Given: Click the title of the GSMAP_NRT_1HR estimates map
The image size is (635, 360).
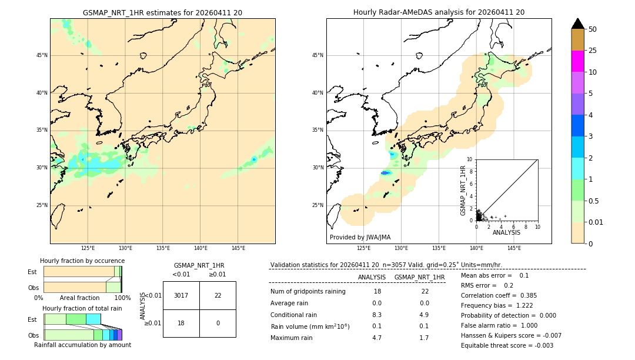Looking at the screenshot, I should [x=162, y=12].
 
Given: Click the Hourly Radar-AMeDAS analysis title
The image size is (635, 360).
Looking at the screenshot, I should [x=439, y=12].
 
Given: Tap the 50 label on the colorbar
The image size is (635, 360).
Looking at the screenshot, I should [x=593, y=29].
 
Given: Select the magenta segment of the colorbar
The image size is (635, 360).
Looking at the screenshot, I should [x=577, y=61].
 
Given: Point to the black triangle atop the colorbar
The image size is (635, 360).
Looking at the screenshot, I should [x=577, y=24].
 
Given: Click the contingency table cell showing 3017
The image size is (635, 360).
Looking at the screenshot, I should [x=181, y=295].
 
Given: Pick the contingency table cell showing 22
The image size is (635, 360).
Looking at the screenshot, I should [x=218, y=295].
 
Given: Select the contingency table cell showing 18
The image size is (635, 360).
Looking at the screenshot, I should [x=181, y=324].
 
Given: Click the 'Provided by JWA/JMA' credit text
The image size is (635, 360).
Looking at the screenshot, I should [x=360, y=238].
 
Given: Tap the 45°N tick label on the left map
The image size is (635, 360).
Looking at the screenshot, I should [x=42, y=55].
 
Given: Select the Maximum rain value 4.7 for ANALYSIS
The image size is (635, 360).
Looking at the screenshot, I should [x=377, y=338].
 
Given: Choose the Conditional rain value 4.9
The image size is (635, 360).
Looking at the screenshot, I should [x=425, y=315].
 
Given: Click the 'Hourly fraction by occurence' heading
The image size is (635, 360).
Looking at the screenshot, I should [x=82, y=261].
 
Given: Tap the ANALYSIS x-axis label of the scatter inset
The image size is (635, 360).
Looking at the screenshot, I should [x=506, y=232].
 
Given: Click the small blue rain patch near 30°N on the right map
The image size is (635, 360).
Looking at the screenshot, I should [x=385, y=173].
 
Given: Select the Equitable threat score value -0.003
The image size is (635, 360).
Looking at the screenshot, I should [x=541, y=346].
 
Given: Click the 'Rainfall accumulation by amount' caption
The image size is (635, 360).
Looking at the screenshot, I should [x=82, y=345].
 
